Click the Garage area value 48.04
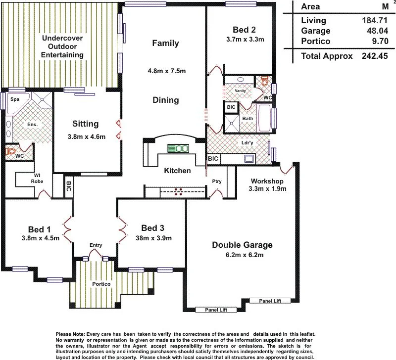371,31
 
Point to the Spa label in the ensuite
14,99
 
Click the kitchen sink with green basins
179,148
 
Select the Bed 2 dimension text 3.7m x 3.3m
245,39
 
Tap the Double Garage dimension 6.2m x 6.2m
242,255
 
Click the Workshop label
267,180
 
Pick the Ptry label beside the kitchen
216,181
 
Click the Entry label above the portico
96,246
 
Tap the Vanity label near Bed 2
241,90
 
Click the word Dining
165,100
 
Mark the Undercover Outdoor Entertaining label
62,46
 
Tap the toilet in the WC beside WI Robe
10,151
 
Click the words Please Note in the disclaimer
70,335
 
